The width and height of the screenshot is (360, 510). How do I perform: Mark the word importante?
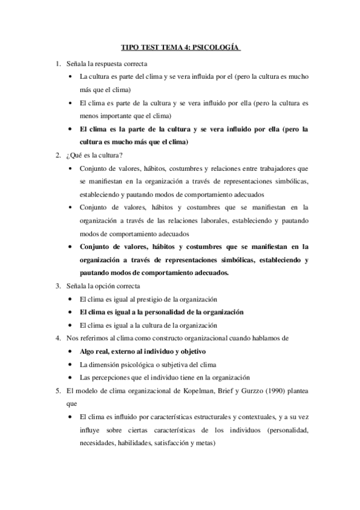pyautogui.click(x=121, y=116)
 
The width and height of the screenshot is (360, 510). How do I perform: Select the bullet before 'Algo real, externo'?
pyautogui.click(x=72, y=352)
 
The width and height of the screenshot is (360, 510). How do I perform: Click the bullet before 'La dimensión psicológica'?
pyautogui.click(x=72, y=365)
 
